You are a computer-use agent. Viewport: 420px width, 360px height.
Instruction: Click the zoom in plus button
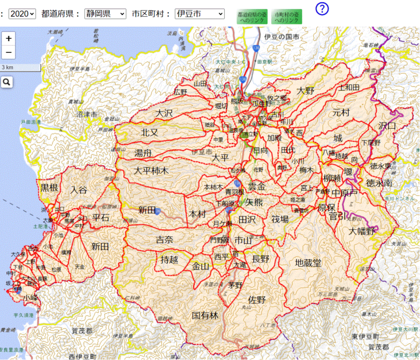tap(8, 39)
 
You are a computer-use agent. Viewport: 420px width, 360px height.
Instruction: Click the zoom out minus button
tap(8, 53)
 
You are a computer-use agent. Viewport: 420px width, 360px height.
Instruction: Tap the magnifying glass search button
tap(7, 82)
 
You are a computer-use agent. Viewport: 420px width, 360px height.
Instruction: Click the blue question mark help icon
tap(322, 8)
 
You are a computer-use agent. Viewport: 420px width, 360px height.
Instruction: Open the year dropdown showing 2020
tap(22, 14)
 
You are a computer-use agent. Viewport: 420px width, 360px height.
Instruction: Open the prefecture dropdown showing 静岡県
tap(105, 14)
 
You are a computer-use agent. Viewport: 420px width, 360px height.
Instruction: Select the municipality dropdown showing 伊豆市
tap(199, 14)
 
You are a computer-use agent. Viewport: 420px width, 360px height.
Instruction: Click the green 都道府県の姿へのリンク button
tap(252, 17)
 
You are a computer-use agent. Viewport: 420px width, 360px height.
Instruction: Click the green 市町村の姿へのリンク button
tap(286, 17)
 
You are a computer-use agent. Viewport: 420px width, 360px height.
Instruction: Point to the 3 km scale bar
tap(20, 67)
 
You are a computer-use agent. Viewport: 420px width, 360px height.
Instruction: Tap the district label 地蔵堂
tap(308, 263)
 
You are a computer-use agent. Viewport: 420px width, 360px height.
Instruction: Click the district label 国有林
tap(205, 316)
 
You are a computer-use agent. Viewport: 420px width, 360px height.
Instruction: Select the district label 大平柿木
tap(151, 171)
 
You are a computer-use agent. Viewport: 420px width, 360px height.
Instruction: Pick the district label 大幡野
tap(361, 232)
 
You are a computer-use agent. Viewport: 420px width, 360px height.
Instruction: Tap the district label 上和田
tap(349, 87)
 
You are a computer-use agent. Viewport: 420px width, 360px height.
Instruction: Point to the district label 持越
tap(169, 260)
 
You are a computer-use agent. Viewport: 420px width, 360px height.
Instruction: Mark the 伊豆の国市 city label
tap(281, 37)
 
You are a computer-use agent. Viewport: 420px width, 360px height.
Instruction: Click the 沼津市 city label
tap(87, 115)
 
